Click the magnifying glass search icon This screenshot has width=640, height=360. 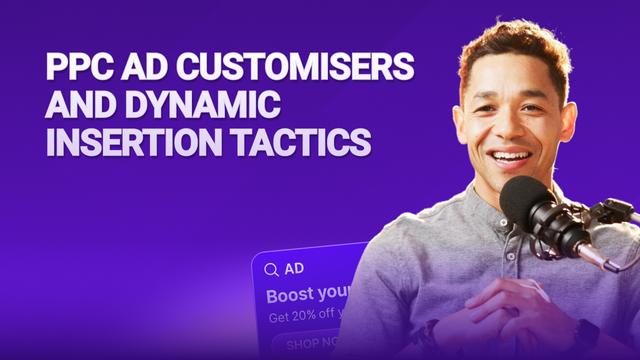[271, 269]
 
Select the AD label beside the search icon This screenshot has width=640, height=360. [294, 269]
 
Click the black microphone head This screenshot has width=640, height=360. [529, 204]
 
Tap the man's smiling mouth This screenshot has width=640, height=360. [511, 158]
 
